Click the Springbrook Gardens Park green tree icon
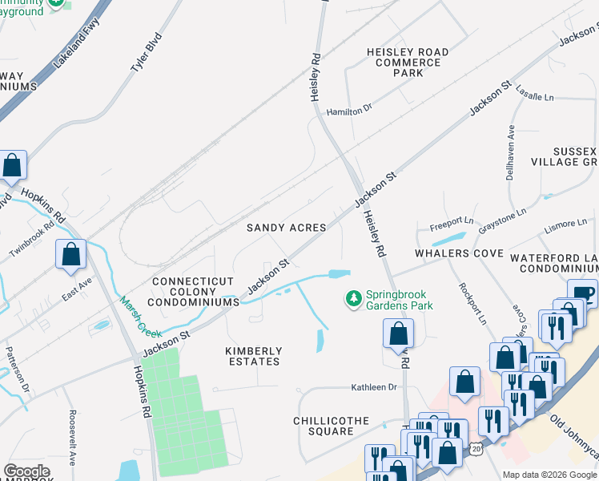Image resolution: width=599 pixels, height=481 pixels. tap(353, 298)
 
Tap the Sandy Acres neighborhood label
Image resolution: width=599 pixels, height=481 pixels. tap(286, 228)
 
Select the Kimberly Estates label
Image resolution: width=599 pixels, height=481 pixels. tap(253, 356)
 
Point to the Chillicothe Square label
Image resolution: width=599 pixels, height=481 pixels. tap(324, 426)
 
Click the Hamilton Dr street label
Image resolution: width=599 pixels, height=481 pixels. tap(350, 109)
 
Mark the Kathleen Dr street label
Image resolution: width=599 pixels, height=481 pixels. tap(374, 387)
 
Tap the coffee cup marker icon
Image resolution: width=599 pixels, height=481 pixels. tap(582, 293)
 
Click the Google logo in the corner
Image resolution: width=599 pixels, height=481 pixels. tap(27, 471)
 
